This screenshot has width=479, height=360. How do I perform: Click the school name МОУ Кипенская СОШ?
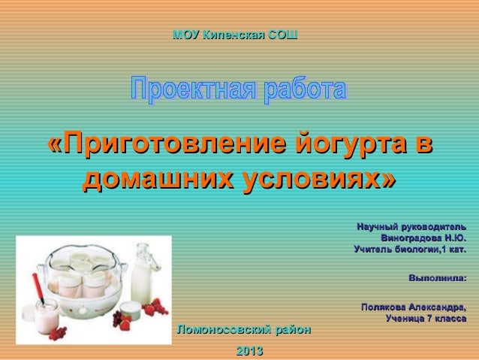234,35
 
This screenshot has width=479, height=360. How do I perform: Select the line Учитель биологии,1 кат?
409,249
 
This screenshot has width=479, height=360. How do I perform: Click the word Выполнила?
437,279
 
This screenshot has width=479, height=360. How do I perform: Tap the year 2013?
249,351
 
